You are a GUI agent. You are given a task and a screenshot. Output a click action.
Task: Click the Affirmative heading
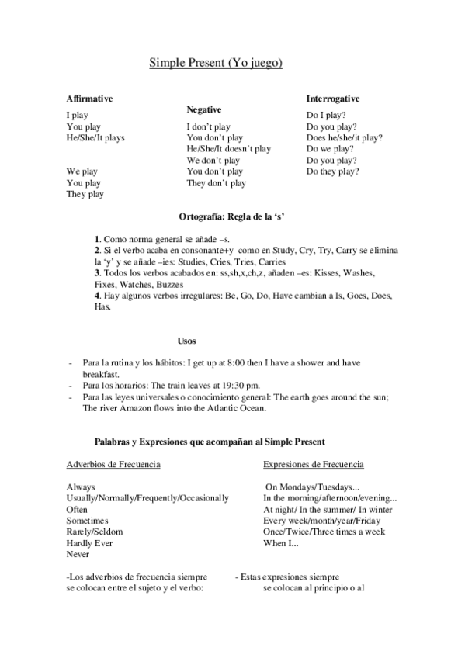(90, 99)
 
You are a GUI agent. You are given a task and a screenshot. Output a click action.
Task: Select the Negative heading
(204, 110)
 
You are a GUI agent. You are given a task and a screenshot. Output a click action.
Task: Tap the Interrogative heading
(332, 99)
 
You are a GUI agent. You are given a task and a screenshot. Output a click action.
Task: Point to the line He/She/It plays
(95, 137)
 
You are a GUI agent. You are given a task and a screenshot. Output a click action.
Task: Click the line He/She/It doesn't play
(228, 148)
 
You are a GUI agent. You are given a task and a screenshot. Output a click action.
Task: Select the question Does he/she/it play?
(344, 137)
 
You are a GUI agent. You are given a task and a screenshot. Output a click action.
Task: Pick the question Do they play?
(332, 171)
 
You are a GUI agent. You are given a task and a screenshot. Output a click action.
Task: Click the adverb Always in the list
(81, 487)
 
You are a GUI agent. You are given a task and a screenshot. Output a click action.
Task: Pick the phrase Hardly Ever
(89, 543)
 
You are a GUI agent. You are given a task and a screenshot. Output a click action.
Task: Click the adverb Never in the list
(78, 555)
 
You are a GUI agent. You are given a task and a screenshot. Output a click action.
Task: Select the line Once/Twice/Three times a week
(324, 532)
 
